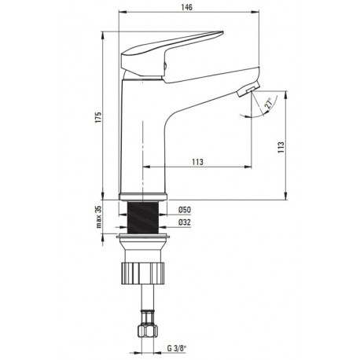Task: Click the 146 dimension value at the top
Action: click(x=186, y=7)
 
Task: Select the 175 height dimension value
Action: click(x=98, y=117)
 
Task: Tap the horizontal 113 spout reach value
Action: click(x=197, y=162)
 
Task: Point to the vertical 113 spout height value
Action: click(x=281, y=147)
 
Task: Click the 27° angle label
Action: click(x=269, y=103)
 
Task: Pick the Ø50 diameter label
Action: click(x=185, y=210)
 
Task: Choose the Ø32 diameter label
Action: click(x=185, y=222)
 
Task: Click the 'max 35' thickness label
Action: click(x=98, y=217)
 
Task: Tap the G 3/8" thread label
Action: click(x=177, y=348)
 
